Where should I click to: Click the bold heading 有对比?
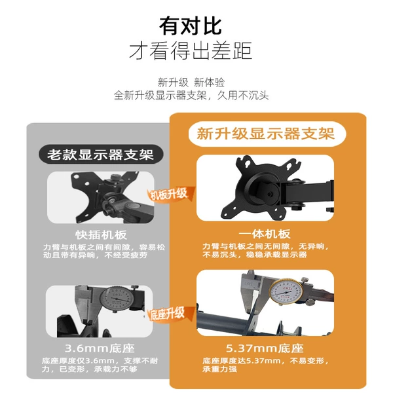tap(191, 26)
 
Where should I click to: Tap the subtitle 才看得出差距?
tap(191, 51)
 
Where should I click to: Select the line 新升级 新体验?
tap(191, 83)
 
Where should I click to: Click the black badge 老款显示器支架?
tap(101, 154)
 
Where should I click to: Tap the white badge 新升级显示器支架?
tap(267, 134)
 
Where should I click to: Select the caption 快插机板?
tap(101, 235)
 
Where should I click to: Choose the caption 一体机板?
tap(265, 234)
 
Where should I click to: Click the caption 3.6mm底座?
tap(100, 348)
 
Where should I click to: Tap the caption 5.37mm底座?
tap(265, 348)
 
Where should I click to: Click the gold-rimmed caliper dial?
tap(286, 292)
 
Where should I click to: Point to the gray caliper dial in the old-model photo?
tap(115, 298)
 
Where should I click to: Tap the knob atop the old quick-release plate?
tap(115, 177)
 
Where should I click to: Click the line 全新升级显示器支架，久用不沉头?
tap(191, 96)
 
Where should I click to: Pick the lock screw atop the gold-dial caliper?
tap(305, 279)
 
